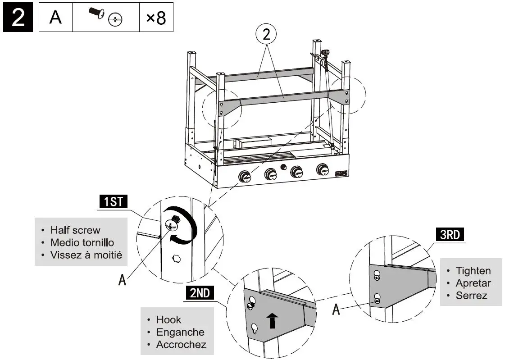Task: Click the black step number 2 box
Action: (x=18, y=18)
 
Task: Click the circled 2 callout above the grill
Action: (x=266, y=34)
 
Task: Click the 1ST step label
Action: (x=114, y=201)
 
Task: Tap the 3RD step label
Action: (x=450, y=235)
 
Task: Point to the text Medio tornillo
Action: (x=82, y=243)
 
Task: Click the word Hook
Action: (x=168, y=320)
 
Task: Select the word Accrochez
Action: (x=181, y=345)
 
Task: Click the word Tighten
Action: (x=473, y=271)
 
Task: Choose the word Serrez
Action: (x=471, y=296)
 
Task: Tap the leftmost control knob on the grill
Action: (x=245, y=176)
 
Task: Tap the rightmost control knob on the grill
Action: (x=322, y=170)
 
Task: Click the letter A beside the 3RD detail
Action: (x=336, y=310)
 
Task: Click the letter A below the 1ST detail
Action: (x=122, y=280)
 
